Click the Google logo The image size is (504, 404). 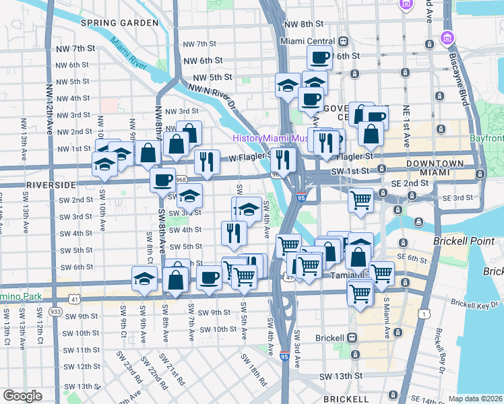tap(22, 395)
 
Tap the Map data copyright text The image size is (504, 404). tap(475, 399)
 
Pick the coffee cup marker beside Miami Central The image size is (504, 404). tap(319, 57)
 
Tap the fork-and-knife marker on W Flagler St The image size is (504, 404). tap(207, 162)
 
